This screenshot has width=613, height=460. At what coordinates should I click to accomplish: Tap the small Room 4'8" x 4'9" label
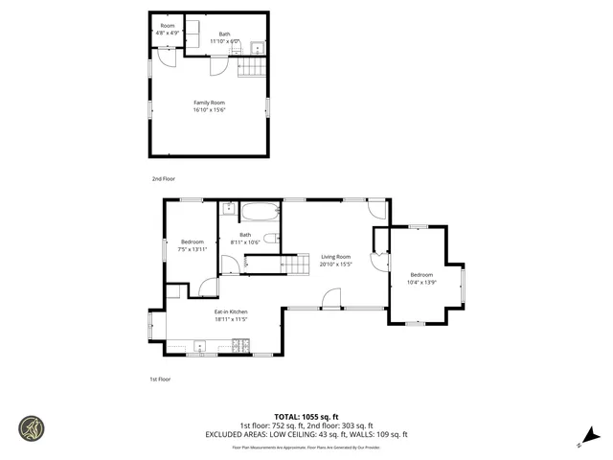tap(168, 25)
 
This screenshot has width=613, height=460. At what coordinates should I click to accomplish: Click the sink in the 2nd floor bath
tap(257, 46)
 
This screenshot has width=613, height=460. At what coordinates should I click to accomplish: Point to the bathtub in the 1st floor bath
tap(259, 213)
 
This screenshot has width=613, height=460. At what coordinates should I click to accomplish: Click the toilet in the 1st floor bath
tap(270, 239)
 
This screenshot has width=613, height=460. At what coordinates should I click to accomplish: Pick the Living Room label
tap(335, 256)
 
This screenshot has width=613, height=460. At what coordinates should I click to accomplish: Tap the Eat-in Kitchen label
tap(231, 311)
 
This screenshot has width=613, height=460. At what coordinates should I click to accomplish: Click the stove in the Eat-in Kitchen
tap(240, 345)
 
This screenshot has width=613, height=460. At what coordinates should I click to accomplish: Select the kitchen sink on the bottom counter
tap(200, 345)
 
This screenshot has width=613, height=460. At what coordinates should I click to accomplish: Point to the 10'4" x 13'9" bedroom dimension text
tap(421, 283)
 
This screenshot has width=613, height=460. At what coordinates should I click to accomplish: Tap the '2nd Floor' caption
tap(163, 178)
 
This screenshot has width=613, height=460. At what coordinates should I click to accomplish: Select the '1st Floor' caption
tap(160, 379)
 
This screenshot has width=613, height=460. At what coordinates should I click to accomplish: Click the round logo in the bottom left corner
tap(32, 427)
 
